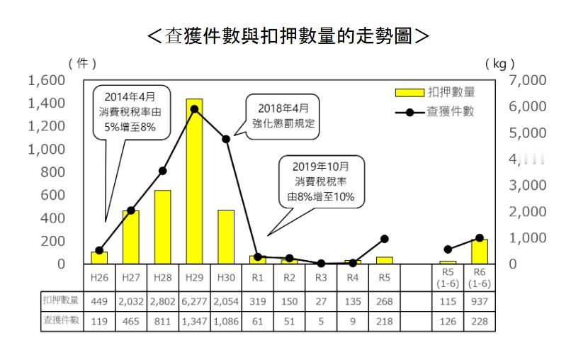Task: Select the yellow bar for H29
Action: point(194,181)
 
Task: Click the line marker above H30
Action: point(226,139)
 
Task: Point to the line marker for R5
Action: point(384,239)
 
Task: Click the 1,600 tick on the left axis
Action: point(46,80)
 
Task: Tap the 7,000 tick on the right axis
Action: point(528,80)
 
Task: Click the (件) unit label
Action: point(83,64)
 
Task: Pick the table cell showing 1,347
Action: point(194,321)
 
